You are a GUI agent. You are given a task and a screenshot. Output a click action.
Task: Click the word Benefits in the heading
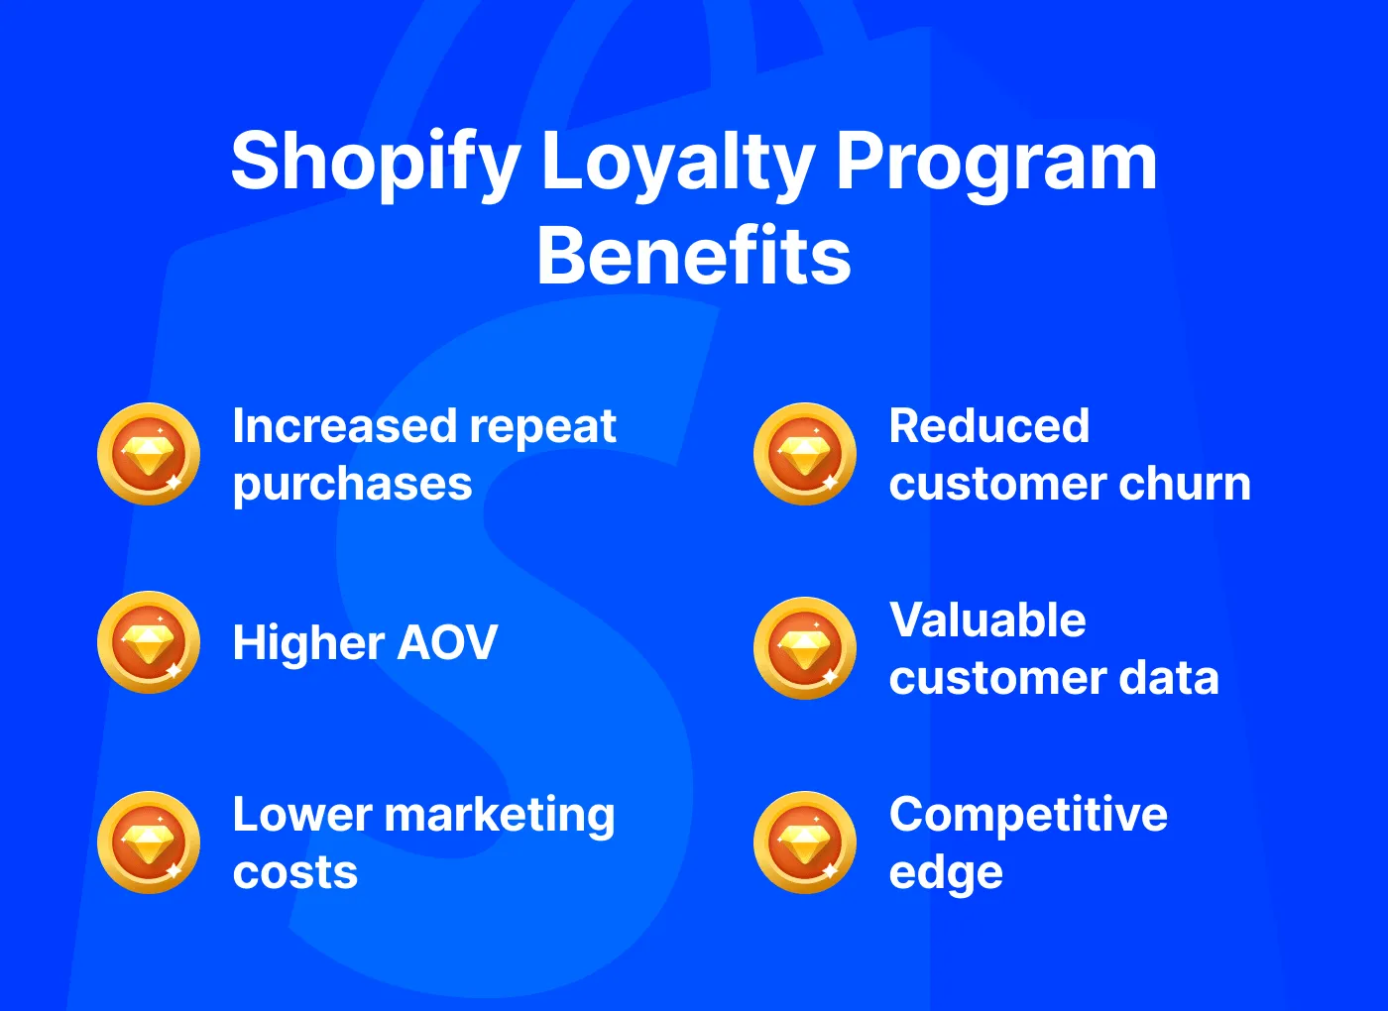click(x=694, y=256)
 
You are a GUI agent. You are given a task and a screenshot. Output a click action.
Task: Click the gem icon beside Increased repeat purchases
click(x=149, y=454)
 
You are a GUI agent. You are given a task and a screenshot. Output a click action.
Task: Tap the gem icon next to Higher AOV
click(x=149, y=642)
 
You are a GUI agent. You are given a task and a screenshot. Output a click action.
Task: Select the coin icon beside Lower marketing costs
click(x=149, y=842)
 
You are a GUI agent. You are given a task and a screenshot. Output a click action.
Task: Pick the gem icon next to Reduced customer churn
click(x=805, y=454)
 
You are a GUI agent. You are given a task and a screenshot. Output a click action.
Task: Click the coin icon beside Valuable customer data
click(x=805, y=648)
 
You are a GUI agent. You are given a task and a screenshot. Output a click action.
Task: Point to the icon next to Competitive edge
click(x=805, y=842)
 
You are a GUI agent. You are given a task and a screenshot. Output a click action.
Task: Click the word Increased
click(x=343, y=426)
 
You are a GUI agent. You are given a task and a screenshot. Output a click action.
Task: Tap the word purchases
click(x=352, y=485)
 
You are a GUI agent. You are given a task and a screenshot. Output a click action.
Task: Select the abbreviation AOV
click(x=447, y=643)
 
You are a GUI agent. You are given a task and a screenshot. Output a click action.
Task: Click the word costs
click(x=294, y=872)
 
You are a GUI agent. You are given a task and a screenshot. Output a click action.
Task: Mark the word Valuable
click(x=987, y=620)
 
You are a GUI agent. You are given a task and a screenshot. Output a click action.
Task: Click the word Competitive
click(x=1028, y=815)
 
